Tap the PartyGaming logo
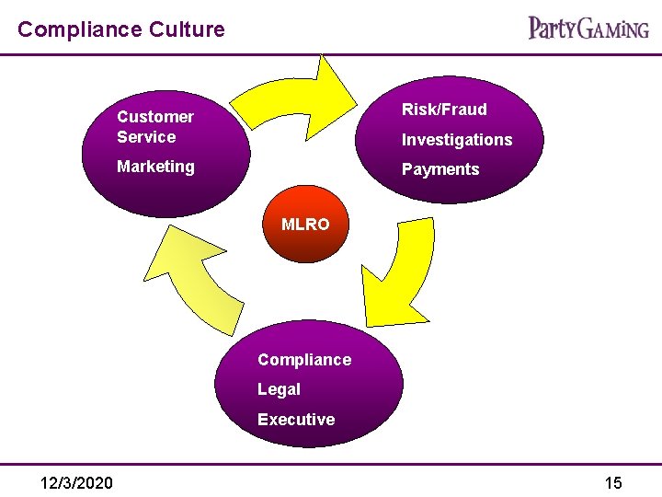point(588,28)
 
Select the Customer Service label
point(154,127)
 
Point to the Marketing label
point(155,167)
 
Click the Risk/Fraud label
point(444,110)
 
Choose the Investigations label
point(457,140)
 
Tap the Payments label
point(440,169)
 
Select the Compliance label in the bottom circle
point(304,360)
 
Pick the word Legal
point(279,389)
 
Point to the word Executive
point(296,420)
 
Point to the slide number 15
point(613,483)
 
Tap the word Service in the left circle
point(146,137)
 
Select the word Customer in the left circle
point(155,117)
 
